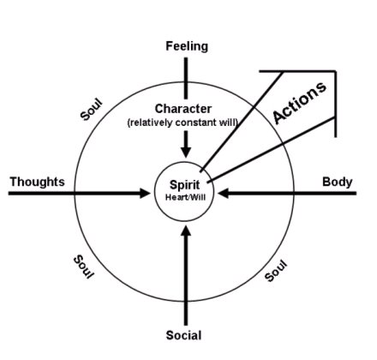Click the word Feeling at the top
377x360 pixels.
click(x=187, y=46)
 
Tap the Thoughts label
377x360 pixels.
click(x=38, y=182)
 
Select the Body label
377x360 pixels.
click(x=338, y=182)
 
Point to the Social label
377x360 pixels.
click(x=183, y=335)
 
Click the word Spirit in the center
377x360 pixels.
click(x=185, y=185)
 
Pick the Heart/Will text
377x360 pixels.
click(x=185, y=197)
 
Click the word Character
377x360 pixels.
click(x=183, y=109)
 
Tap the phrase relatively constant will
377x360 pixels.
click(x=183, y=123)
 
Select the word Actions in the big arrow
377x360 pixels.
click(x=299, y=102)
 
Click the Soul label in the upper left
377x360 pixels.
click(x=91, y=110)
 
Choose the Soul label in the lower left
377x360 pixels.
click(x=83, y=267)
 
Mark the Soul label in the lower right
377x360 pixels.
click(x=275, y=271)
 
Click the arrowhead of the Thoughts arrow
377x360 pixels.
click(x=145, y=193)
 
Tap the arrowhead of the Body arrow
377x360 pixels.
click(x=223, y=193)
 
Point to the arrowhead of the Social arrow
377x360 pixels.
click(x=186, y=231)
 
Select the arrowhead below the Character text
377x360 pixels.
click(x=186, y=153)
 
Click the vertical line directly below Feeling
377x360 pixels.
click(x=186, y=78)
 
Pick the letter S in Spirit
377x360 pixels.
click(x=173, y=184)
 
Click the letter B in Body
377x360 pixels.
click(x=326, y=182)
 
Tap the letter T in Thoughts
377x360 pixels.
click(x=14, y=182)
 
